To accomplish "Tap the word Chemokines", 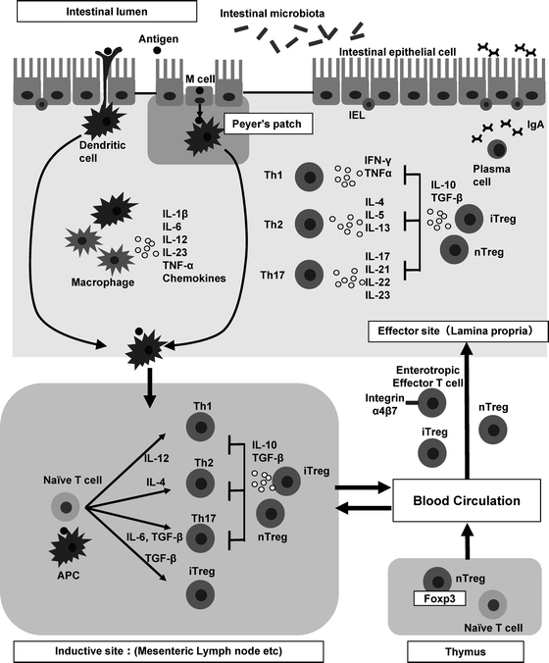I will (194, 279).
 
